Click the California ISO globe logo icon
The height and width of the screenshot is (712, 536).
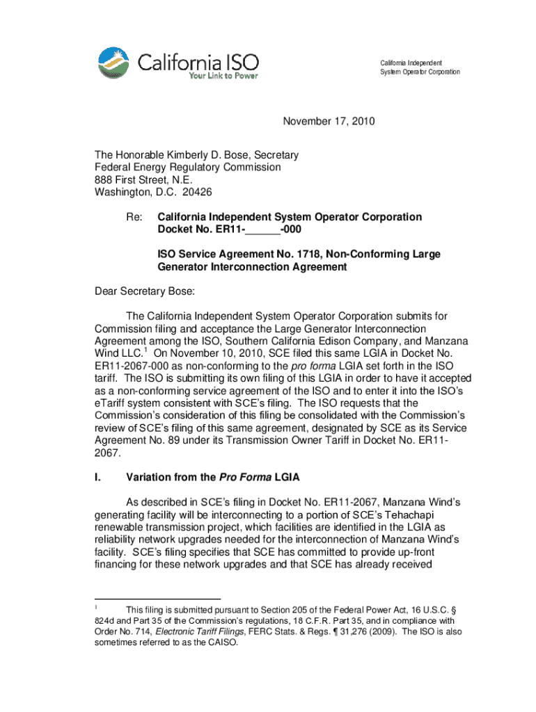click(113, 62)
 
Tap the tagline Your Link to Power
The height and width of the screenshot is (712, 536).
click(223, 76)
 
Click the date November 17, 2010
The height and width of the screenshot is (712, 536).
click(328, 122)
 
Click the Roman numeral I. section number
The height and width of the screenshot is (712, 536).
click(98, 478)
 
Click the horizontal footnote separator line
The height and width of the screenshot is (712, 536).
click(157, 599)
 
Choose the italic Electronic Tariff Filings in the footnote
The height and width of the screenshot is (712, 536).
click(196, 632)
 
